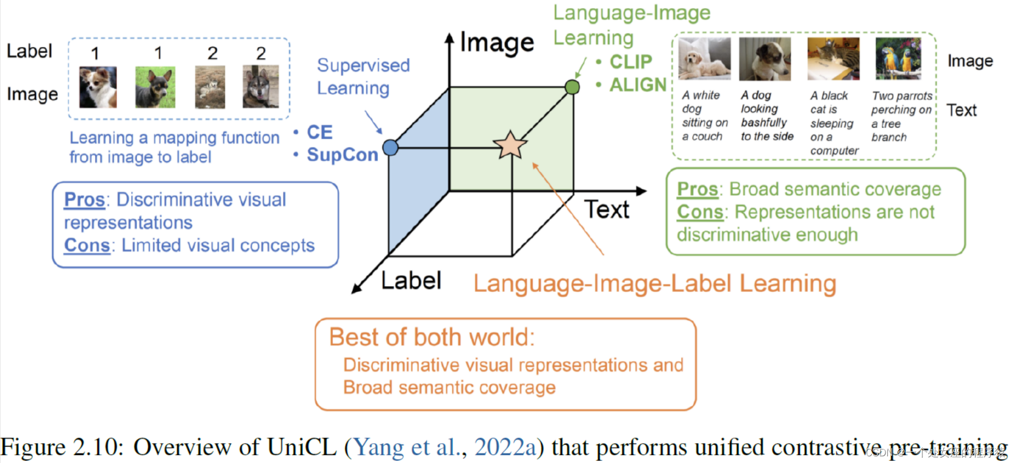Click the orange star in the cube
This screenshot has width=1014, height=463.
[510, 145]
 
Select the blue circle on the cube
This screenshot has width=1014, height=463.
[391, 147]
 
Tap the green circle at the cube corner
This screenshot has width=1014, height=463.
[572, 87]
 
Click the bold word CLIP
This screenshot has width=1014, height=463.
[631, 62]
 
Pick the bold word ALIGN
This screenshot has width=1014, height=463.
[638, 85]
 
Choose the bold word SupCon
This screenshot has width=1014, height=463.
[342, 155]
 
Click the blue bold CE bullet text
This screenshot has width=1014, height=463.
[319, 132]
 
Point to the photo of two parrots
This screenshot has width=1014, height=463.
[898, 59]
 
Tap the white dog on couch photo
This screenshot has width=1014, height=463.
[705, 59]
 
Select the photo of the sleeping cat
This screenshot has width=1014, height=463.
[833, 59]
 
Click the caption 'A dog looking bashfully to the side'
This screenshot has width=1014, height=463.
[767, 116]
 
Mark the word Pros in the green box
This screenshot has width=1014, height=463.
[697, 190]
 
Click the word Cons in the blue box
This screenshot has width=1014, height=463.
[87, 245]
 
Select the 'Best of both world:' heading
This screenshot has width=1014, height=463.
[432, 337]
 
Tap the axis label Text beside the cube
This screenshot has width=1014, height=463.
[607, 210]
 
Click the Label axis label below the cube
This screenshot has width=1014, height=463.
[411, 281]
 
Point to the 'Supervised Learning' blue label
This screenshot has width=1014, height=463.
[363, 77]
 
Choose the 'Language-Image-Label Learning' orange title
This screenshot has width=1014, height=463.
[655, 283]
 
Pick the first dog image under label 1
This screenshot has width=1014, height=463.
[98, 87]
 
